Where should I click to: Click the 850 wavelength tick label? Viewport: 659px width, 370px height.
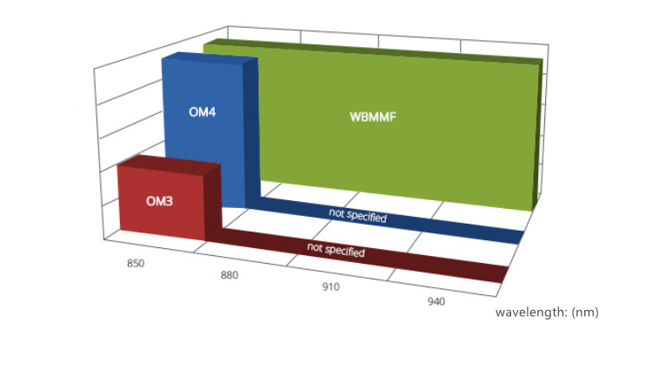[x=136, y=263]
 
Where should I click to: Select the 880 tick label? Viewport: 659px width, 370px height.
[x=230, y=275]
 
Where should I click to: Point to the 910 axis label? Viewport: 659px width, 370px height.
[x=330, y=286]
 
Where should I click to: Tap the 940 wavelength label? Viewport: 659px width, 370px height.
[x=436, y=301]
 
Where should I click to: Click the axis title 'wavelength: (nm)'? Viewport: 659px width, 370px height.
[x=547, y=313]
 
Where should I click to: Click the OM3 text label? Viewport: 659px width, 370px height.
[x=159, y=201]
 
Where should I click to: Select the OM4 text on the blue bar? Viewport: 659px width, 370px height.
[x=203, y=112]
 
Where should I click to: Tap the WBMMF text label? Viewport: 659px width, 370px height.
[x=373, y=117]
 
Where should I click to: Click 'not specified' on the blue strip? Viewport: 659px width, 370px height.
[x=357, y=215]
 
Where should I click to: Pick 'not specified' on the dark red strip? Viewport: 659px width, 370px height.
[x=336, y=250]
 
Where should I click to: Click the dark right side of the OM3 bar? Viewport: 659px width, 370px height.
[x=213, y=202]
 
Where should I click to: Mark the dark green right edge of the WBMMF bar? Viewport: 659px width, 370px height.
[x=537, y=135]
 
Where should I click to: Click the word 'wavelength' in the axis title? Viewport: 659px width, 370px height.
[x=531, y=313]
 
